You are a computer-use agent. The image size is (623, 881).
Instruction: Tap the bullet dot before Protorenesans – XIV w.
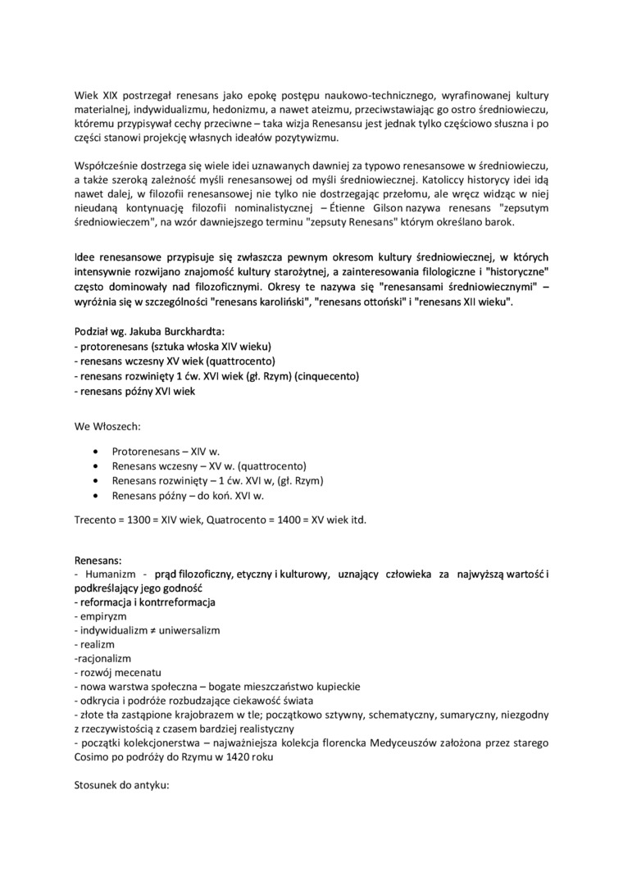[x=98, y=452]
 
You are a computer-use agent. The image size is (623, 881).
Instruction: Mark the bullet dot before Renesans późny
[x=98, y=496]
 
